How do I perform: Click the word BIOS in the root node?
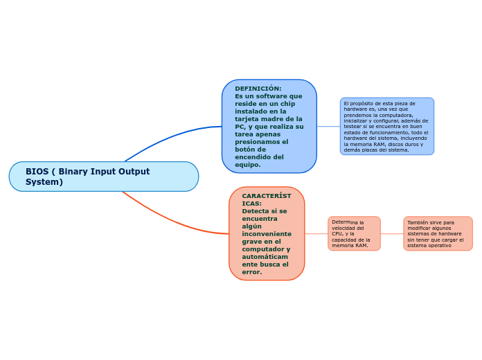pyautogui.click(x=36, y=172)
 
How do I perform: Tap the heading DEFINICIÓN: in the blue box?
pyautogui.click(x=258, y=89)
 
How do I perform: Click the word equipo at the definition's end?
pyautogui.click(x=247, y=165)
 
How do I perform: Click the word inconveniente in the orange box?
pyautogui.click(x=266, y=234)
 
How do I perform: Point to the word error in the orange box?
pyautogui.click(x=251, y=272)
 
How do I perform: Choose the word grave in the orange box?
pyautogui.click(x=252, y=242)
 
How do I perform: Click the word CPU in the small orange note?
pyautogui.click(x=337, y=234)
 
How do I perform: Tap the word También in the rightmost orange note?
pyautogui.click(x=417, y=223)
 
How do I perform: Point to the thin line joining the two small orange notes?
pyautogui.click(x=392, y=233)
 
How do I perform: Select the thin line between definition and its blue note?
pyautogui.click(x=328, y=126)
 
